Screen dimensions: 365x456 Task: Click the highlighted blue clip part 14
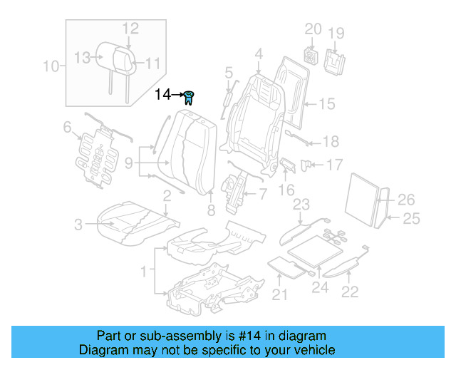190,96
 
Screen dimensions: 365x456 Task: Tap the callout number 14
163,94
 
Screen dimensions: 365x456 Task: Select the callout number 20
313,29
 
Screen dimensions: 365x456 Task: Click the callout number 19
336,33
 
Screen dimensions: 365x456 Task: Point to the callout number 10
50,67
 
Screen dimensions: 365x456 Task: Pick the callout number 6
68,128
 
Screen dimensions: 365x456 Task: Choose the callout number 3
78,226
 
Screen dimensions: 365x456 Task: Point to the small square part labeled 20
311,55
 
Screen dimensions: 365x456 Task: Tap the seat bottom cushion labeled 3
132,221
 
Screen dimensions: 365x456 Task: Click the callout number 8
211,210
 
